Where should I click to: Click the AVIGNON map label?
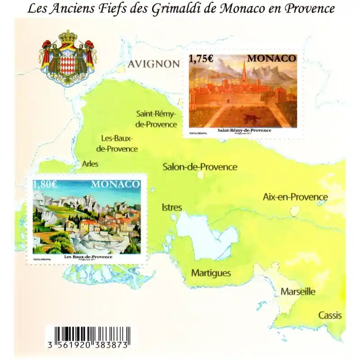pos(153,64)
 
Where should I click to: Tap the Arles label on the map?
pos(90,164)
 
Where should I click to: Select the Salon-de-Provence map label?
pos(199,167)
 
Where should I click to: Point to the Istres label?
pos(171,207)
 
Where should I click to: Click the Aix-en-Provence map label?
pos(295,197)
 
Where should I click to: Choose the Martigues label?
pos(211,273)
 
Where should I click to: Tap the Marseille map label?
pos(298,292)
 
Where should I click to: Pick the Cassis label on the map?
pos(330,315)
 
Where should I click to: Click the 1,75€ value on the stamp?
pos(200,59)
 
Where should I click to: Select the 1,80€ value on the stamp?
pos(45,184)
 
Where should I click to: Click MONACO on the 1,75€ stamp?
pos(272,58)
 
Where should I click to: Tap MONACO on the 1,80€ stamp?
pos(116,184)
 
